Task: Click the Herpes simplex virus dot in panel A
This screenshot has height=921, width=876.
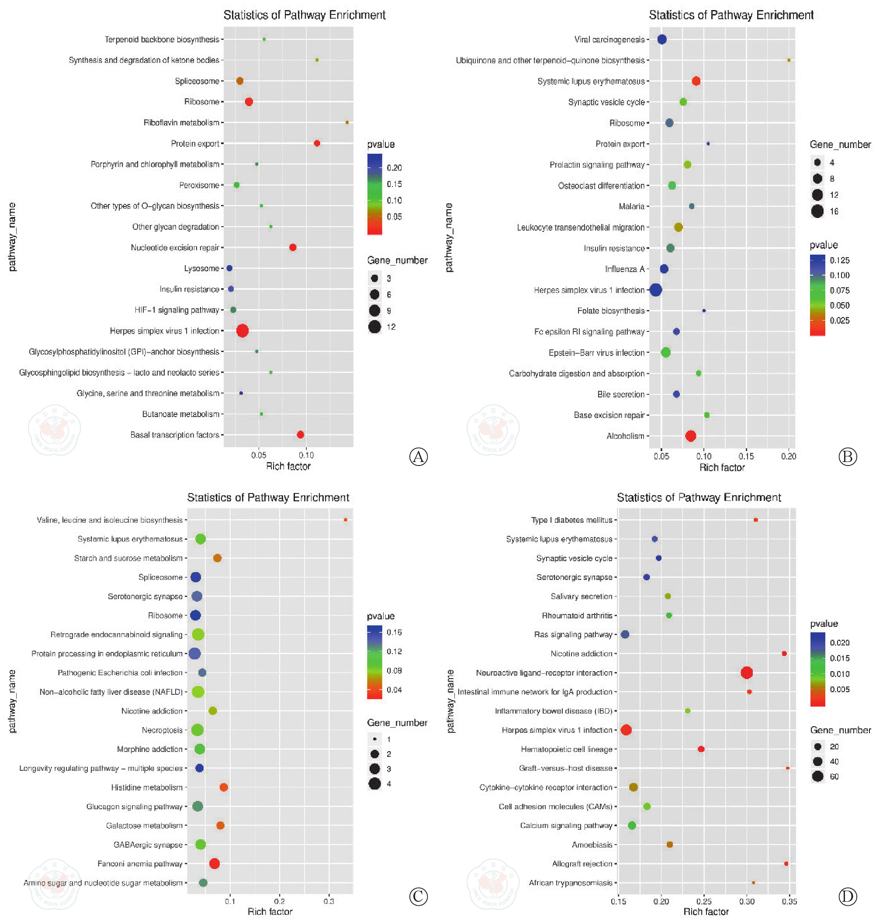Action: click(242, 331)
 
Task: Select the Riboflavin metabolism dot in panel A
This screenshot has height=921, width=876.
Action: click(347, 122)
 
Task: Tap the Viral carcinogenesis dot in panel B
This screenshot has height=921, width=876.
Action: click(661, 40)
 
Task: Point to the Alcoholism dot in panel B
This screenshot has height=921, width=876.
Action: click(691, 436)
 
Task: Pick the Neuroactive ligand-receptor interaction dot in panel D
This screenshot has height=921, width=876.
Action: click(747, 673)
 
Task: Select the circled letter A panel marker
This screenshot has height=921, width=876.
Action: click(419, 456)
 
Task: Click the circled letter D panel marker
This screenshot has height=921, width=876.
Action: click(848, 896)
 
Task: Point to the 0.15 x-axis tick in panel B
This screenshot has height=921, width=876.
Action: click(746, 456)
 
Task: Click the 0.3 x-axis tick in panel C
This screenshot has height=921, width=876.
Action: click(329, 901)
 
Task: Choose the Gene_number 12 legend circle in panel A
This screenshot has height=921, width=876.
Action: click(374, 327)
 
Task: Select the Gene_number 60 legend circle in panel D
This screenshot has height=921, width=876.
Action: click(817, 776)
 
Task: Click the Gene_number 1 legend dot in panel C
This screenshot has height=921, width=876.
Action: click(374, 739)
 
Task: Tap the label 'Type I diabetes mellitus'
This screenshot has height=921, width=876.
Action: click(571, 520)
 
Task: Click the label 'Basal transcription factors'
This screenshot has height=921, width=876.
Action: click(175, 435)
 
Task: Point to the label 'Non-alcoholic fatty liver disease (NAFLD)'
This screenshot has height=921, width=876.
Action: click(111, 692)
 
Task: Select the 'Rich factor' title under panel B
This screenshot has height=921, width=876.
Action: click(722, 468)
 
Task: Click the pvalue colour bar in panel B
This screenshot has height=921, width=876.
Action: click(817, 295)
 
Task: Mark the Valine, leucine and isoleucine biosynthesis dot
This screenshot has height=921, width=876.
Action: click(346, 520)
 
